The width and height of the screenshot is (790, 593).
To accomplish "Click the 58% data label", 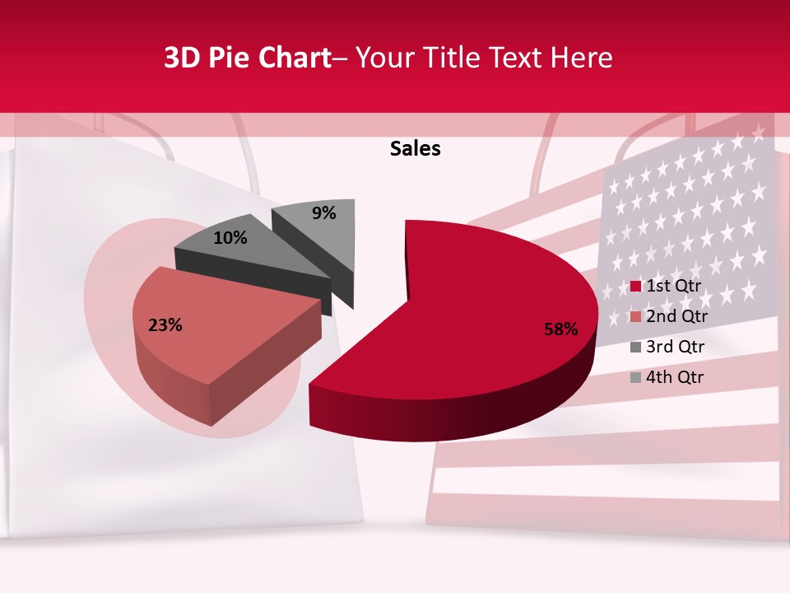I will click(560, 329).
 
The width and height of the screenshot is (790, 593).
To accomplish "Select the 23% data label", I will click(165, 325).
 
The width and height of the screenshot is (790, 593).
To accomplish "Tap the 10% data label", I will click(230, 238).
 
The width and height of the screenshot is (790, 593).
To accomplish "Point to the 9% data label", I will click(323, 213).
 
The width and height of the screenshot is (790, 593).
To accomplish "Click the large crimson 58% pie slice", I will click(486, 296).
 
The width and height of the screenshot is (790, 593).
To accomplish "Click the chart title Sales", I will click(415, 148).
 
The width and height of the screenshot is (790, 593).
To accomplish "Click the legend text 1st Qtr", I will click(674, 286).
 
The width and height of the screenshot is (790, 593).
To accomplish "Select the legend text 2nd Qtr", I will click(676, 316).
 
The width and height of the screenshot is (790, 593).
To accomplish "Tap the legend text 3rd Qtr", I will click(676, 347).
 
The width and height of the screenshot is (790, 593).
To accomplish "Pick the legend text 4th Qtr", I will click(676, 377).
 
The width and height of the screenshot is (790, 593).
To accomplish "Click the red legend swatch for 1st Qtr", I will click(635, 287).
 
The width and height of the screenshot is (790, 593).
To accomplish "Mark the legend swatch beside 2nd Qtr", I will click(635, 317).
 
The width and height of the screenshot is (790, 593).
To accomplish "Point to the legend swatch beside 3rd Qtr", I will click(635, 348).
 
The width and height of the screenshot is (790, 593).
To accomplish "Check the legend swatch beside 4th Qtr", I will click(635, 378).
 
